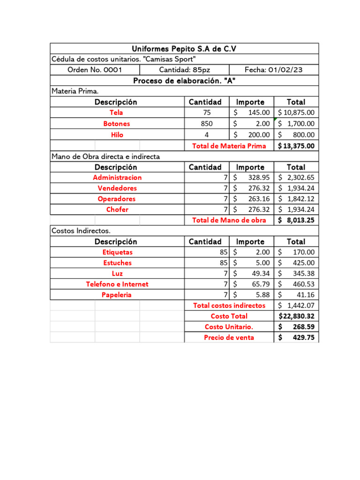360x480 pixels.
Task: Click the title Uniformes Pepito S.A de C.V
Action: tap(184, 49)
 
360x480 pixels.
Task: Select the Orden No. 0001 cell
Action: tap(95, 70)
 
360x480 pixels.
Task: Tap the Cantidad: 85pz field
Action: tap(184, 70)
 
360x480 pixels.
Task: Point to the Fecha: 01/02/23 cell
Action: tap(273, 70)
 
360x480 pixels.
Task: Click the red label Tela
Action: tap(117, 112)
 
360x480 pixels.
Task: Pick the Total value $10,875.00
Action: tap(296, 112)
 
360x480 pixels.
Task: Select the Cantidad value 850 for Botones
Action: tap(206, 124)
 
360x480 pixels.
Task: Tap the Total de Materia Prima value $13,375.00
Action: tap(296, 146)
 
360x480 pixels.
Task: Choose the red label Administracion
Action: tap(117, 178)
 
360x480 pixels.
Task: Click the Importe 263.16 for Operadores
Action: tap(259, 199)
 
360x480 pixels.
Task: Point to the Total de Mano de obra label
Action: tap(229, 220)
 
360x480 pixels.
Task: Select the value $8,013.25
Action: tap(296, 220)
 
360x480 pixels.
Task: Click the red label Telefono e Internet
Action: tap(117, 284)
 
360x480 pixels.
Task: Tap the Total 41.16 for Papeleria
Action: tap(305, 295)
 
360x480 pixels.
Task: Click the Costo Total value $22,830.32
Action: tap(297, 316)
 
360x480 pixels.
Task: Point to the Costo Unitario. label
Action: tap(229, 327)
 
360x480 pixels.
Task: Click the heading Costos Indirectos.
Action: tap(81, 231)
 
